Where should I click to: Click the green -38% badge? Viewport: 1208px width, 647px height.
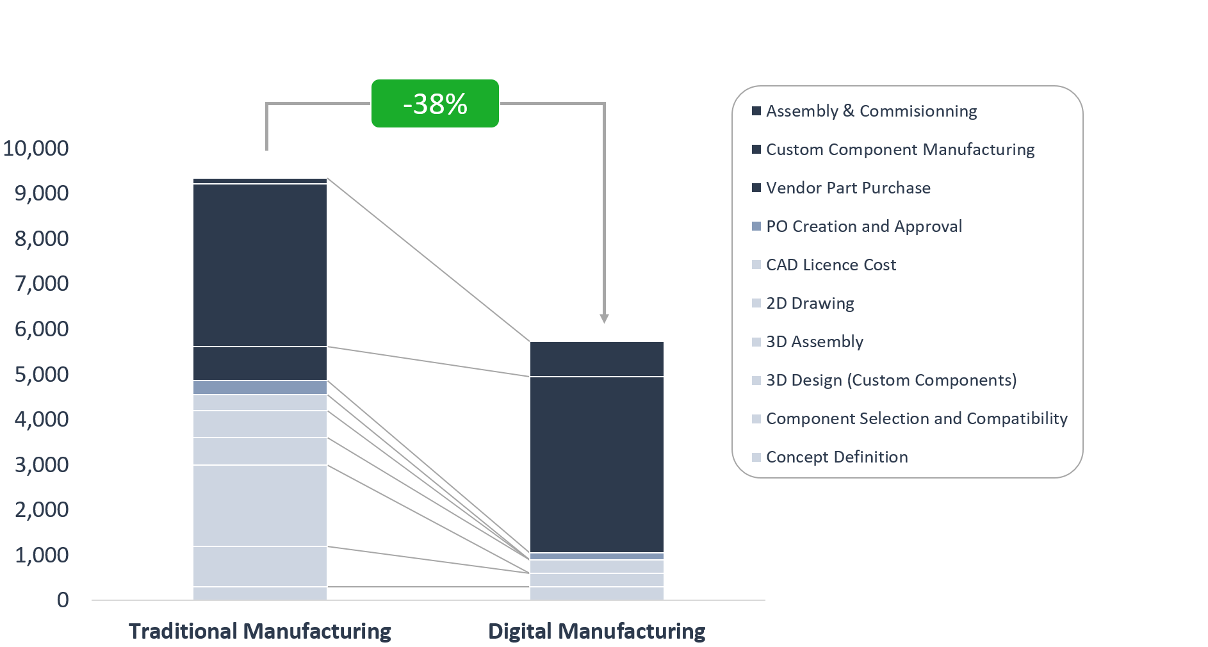pyautogui.click(x=435, y=104)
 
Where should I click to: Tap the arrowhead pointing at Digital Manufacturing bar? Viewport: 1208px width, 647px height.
pyautogui.click(x=604, y=318)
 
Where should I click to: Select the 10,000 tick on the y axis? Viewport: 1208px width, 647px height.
pyautogui.click(x=36, y=148)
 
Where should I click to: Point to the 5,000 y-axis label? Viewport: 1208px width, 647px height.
pyautogui.click(x=42, y=374)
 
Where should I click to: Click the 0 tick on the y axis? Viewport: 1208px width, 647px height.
pyautogui.click(x=63, y=600)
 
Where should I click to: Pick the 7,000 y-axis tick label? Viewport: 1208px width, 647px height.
pyautogui.click(x=42, y=283)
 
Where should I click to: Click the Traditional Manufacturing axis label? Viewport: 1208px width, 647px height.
pyautogui.click(x=260, y=631)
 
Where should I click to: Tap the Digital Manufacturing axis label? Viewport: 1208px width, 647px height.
pyautogui.click(x=596, y=631)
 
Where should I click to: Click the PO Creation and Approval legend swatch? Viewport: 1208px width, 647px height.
pyautogui.click(x=756, y=226)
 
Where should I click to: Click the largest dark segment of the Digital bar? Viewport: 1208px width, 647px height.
pyautogui.click(x=596, y=464)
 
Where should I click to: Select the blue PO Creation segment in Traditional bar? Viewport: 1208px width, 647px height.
pyautogui.click(x=260, y=388)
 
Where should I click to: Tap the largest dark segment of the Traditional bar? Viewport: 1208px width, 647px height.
pyautogui.click(x=260, y=265)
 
